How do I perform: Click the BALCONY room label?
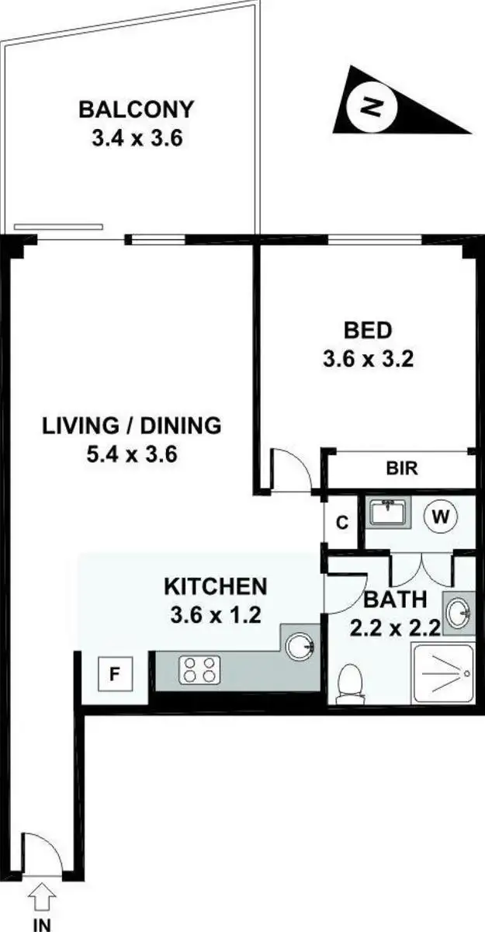click(136, 109)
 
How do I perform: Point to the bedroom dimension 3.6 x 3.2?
click(368, 360)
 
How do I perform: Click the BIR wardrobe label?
click(402, 468)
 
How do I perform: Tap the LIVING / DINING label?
click(132, 426)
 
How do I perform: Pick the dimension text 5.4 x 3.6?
click(132, 454)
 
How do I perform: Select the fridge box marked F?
click(114, 673)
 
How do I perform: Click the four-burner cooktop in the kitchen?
click(200, 670)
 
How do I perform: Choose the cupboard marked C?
click(341, 523)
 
